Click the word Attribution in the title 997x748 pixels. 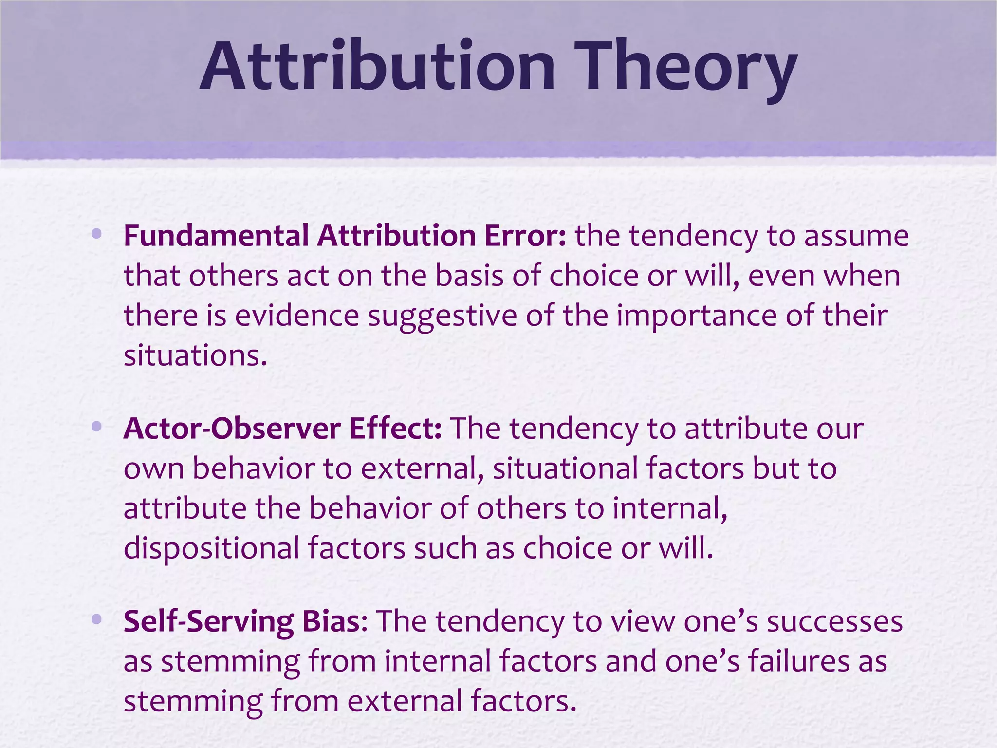tap(377, 67)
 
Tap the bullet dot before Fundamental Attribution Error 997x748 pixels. tap(96, 234)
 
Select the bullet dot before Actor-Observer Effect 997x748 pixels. tap(96, 427)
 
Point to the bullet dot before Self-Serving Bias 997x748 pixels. tap(96, 619)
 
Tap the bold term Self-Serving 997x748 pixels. tap(208, 622)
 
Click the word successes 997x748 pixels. tap(834, 622)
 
